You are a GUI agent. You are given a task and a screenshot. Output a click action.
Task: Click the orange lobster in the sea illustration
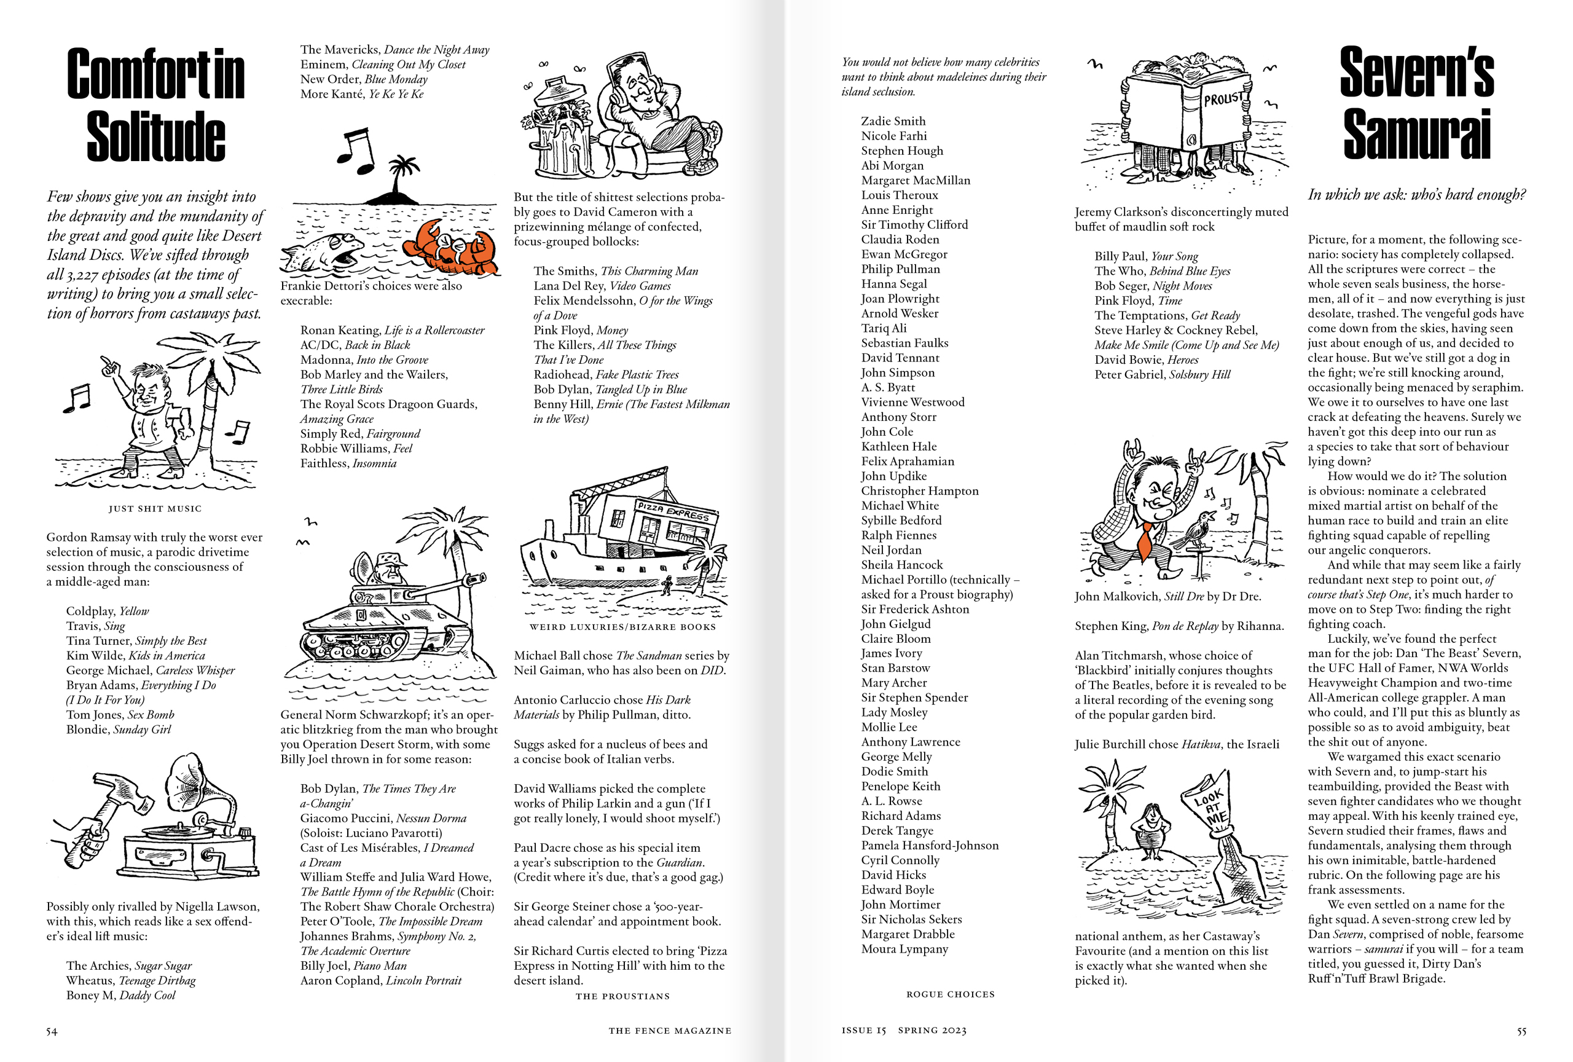tap(450, 248)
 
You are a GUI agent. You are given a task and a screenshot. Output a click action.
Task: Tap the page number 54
tap(52, 1031)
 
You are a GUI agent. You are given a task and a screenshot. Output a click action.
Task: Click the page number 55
tap(1521, 1031)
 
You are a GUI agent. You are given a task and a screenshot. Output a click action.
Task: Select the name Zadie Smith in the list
tap(893, 121)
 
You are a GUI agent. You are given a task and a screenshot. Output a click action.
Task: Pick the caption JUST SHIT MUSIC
tap(155, 508)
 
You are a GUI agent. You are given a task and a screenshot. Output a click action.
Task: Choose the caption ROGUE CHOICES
tap(951, 994)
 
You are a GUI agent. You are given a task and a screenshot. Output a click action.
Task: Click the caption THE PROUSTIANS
tap(622, 996)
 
